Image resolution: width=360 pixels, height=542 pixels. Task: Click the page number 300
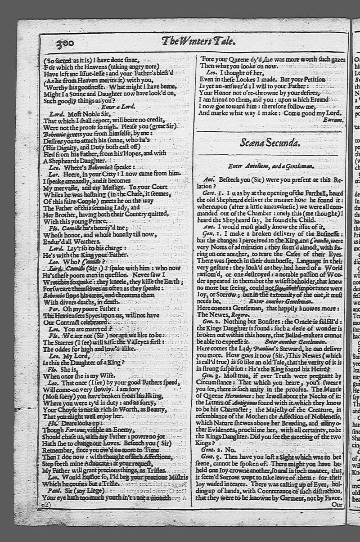(x=65, y=44)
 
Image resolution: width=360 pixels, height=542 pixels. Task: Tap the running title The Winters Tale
(x=198, y=42)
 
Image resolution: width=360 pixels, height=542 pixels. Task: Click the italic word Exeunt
(x=333, y=121)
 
